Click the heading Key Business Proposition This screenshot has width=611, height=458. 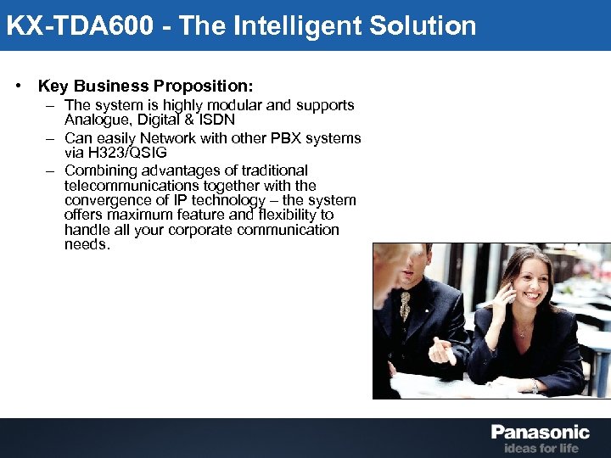[145, 86]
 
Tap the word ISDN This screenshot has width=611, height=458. [215, 120]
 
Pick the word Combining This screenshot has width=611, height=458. [98, 170]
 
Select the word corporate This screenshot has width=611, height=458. [200, 230]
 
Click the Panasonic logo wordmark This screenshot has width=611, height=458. [540, 432]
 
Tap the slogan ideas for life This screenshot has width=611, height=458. [541, 448]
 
